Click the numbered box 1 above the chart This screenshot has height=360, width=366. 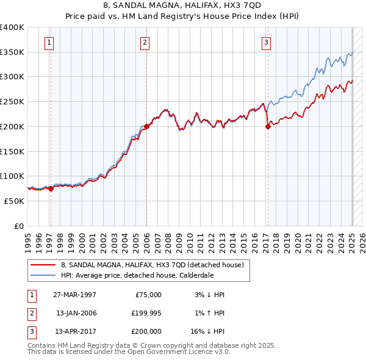48,42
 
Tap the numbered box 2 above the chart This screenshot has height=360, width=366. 145,42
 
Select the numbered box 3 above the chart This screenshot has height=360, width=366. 267,42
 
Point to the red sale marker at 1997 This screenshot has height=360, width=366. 51,189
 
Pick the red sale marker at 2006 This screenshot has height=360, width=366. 147,126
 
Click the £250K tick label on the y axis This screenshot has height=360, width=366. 12,102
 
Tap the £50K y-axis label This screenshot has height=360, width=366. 14,201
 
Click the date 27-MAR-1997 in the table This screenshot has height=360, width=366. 76,295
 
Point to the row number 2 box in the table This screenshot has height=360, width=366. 31,313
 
